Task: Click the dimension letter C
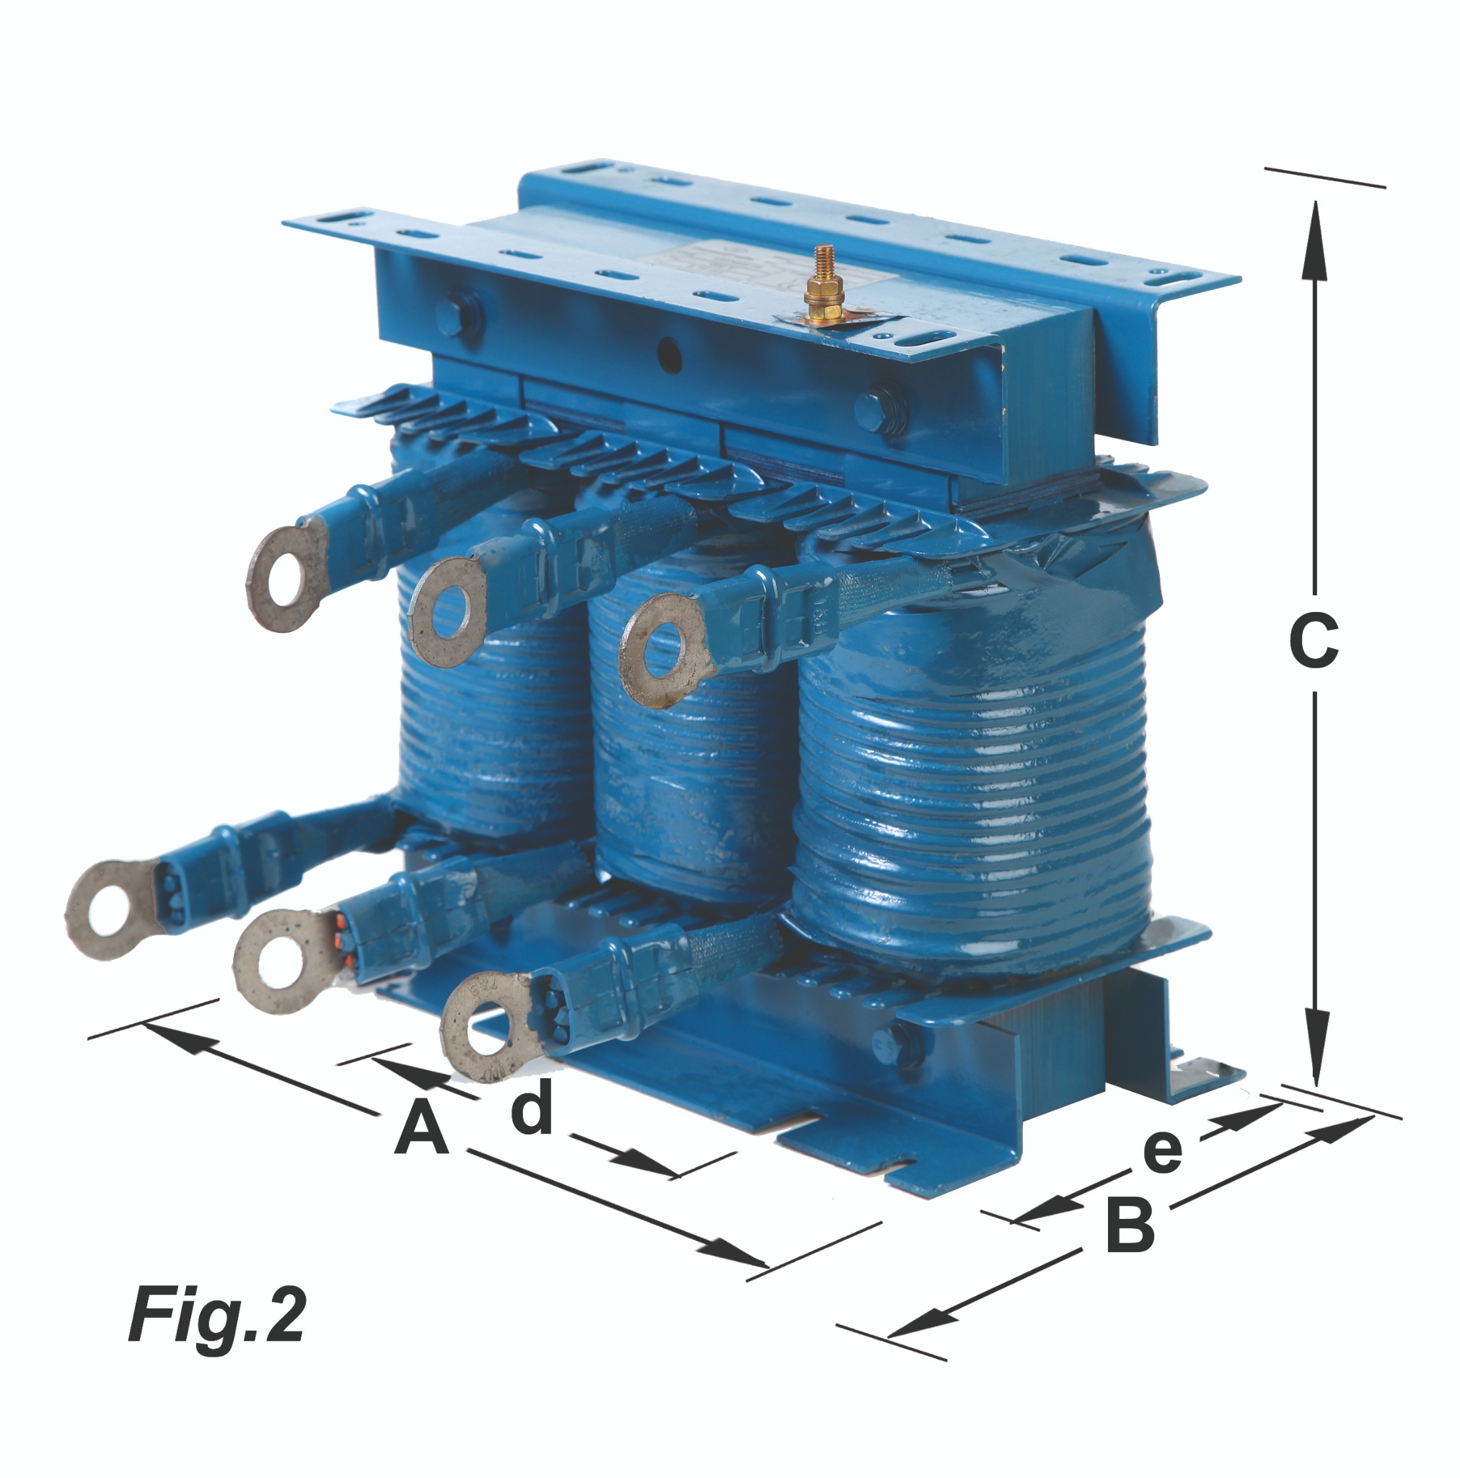(x=1313, y=642)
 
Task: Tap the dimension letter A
(x=421, y=1126)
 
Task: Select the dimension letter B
(x=1130, y=1225)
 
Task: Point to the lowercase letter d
(x=532, y=1104)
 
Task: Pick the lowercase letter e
(x=1163, y=1151)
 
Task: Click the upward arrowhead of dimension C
(x=1314, y=241)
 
